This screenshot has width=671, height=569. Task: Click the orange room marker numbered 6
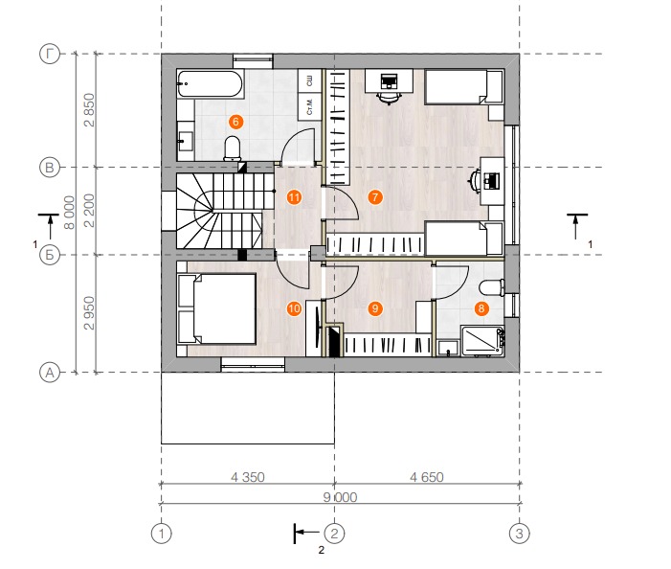pos(235,122)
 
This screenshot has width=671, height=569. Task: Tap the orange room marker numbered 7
pos(375,197)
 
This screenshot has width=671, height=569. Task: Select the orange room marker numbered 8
pos(481,308)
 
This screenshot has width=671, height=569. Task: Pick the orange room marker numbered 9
pos(375,308)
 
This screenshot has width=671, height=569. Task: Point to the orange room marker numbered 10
pos(295,308)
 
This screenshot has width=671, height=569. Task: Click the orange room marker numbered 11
pos(295,197)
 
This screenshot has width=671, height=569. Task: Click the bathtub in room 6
pos(211,83)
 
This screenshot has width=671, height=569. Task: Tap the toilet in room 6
pos(233,148)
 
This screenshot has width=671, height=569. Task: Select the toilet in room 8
pos(492,287)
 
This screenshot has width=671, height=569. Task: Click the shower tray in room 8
pos(482,341)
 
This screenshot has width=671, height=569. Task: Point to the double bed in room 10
pos(217,308)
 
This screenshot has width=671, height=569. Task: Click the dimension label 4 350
pos(248,477)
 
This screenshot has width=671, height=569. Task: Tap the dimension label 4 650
pos(427,477)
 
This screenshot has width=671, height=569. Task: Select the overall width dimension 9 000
pos(340,497)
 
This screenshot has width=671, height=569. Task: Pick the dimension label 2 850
pos(89,110)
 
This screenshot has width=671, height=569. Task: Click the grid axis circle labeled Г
pos(50,55)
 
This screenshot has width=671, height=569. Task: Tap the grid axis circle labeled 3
pos(519,534)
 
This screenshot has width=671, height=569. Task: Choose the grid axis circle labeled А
pos(50,373)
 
